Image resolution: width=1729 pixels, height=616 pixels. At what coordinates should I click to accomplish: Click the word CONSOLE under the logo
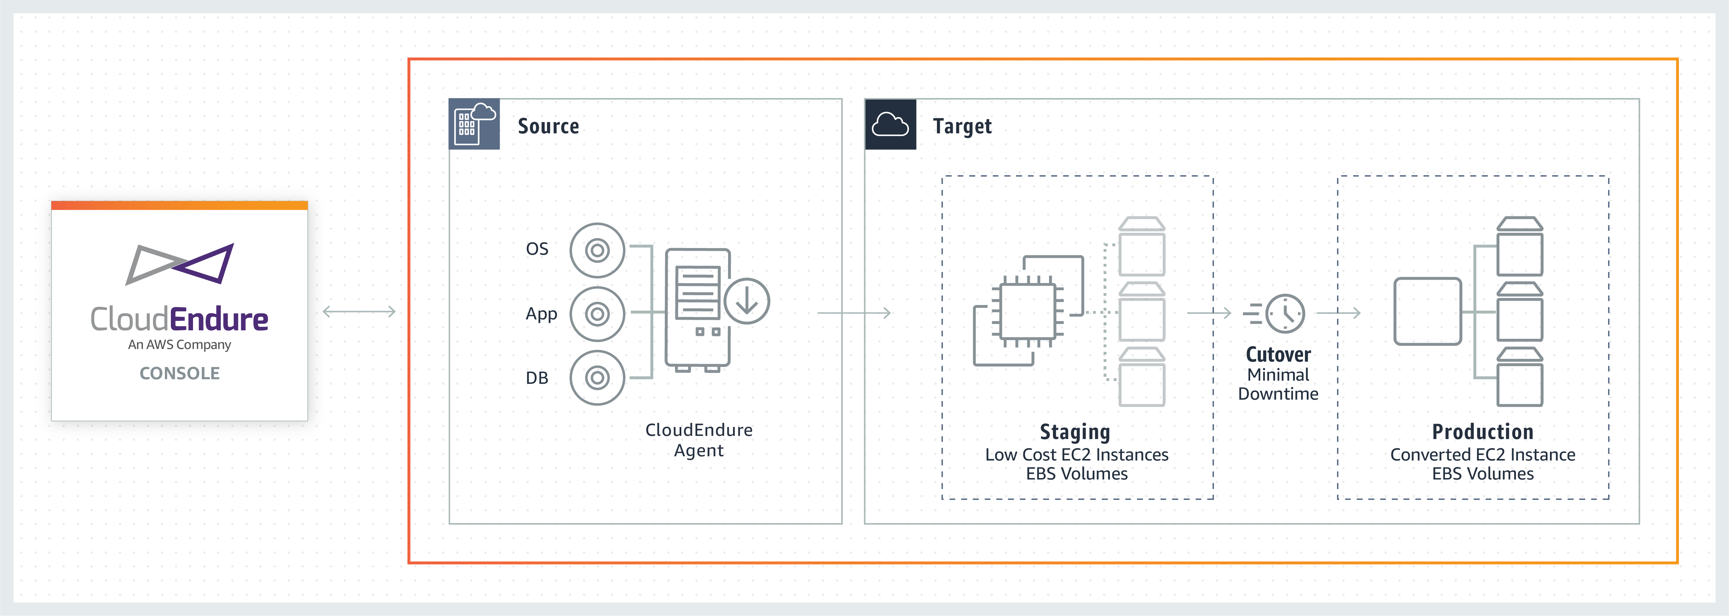(x=179, y=374)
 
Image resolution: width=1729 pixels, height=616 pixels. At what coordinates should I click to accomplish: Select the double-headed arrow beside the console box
(x=359, y=312)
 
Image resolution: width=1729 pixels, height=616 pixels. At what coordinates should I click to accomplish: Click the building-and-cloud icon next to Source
(x=474, y=123)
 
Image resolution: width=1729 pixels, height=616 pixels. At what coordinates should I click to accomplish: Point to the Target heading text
(x=962, y=126)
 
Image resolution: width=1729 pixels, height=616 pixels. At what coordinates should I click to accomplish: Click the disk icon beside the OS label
(x=597, y=250)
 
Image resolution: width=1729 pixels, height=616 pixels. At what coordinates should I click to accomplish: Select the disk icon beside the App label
(x=597, y=314)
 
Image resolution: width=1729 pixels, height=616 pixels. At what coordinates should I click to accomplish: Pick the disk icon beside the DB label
(x=597, y=377)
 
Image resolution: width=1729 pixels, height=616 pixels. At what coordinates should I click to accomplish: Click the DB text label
(x=537, y=378)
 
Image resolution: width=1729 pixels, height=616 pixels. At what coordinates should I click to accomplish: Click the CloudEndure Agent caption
(x=699, y=440)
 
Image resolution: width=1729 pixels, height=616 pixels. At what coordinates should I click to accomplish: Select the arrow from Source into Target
(x=854, y=313)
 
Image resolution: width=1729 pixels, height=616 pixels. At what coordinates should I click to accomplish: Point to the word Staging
(x=1075, y=432)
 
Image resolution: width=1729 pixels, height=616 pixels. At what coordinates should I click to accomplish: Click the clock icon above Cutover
(x=1285, y=313)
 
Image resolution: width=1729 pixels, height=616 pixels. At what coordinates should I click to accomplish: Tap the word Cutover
(x=1278, y=355)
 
